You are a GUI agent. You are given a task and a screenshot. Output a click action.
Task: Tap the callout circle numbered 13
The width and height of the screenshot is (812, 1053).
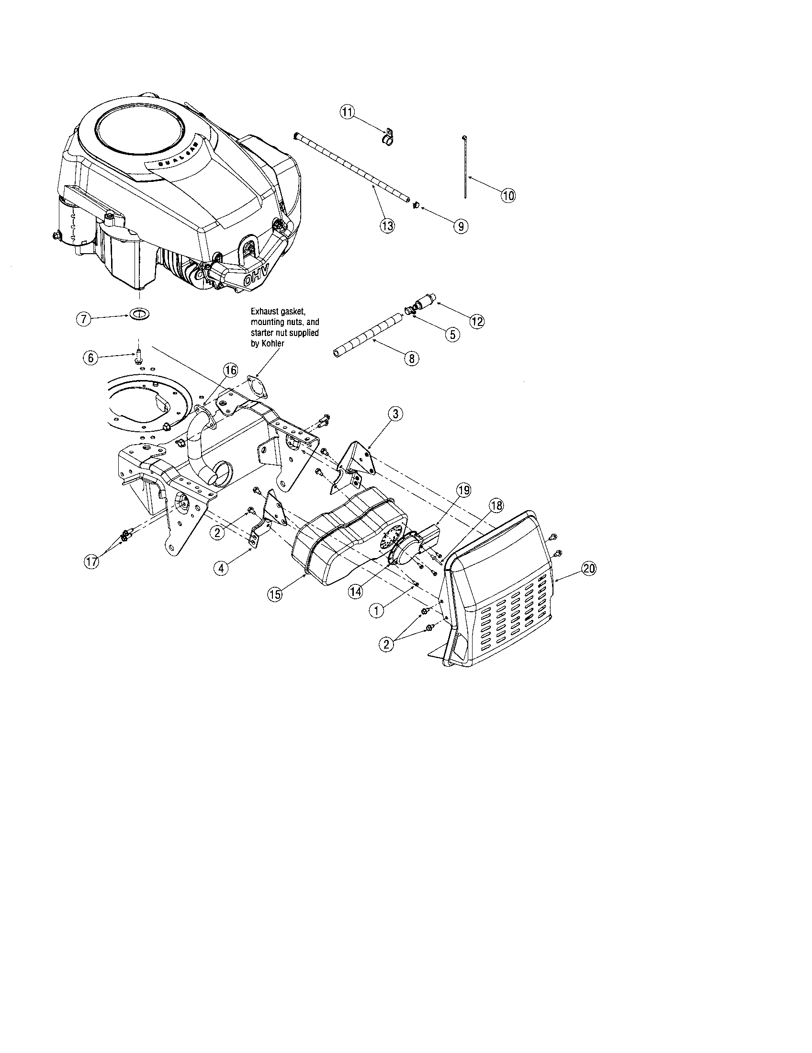click(x=387, y=225)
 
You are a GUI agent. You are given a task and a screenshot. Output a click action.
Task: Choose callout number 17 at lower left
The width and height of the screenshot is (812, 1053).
click(x=92, y=561)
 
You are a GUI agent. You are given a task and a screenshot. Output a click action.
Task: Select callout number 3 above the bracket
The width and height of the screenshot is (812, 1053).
click(x=395, y=413)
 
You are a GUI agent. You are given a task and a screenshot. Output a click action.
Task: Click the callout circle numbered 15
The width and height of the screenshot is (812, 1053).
click(x=275, y=594)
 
